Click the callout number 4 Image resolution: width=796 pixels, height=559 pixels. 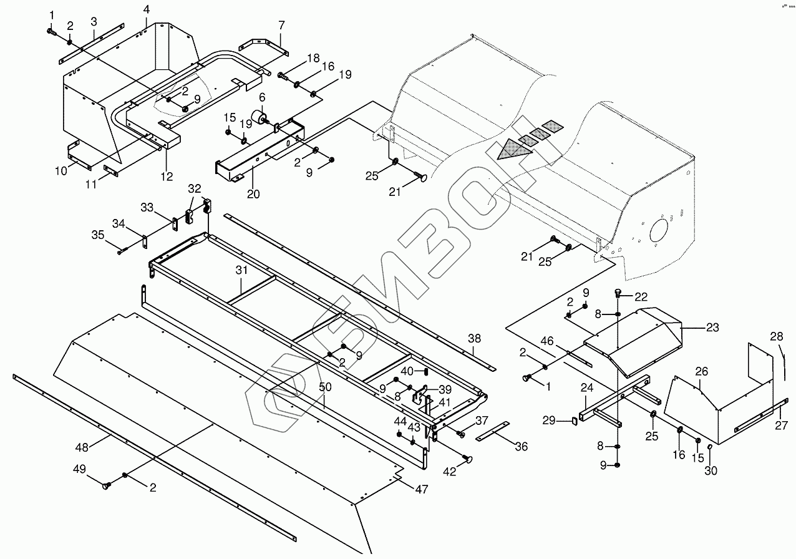pyautogui.click(x=146, y=9)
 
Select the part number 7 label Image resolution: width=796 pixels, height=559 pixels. pyautogui.click(x=281, y=25)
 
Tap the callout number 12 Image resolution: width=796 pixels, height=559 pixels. pyautogui.click(x=166, y=176)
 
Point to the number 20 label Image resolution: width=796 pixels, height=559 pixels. pyautogui.click(x=253, y=193)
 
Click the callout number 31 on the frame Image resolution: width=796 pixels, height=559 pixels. pyautogui.click(x=241, y=270)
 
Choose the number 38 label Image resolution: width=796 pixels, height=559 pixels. pyautogui.click(x=475, y=338)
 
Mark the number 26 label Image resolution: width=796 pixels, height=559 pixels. pyautogui.click(x=702, y=372)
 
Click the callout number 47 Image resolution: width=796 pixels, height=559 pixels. pyautogui.click(x=422, y=490)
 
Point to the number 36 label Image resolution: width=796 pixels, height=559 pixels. pyautogui.click(x=521, y=446)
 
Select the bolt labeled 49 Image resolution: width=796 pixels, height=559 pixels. pyautogui.click(x=107, y=484)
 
